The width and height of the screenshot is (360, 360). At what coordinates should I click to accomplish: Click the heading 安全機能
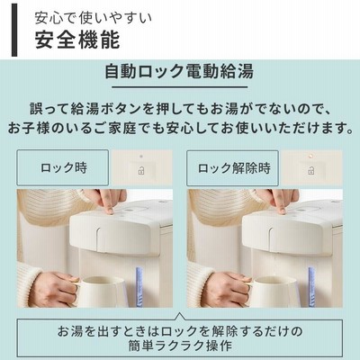(77, 40)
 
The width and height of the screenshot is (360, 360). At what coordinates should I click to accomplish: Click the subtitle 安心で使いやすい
(94, 18)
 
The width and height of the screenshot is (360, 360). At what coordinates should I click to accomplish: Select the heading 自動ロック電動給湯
(179, 71)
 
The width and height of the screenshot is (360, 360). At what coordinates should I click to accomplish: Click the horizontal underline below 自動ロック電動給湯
(180, 87)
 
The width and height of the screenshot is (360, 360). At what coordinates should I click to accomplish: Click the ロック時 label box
(62, 167)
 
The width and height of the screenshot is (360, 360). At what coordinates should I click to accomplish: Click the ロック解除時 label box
(232, 168)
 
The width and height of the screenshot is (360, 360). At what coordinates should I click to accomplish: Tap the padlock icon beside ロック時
(141, 171)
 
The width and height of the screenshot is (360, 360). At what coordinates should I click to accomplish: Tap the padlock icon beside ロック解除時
(311, 171)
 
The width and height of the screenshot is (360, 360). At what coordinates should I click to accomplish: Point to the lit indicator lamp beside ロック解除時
(311, 156)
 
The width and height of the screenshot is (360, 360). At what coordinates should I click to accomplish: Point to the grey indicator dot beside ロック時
(141, 157)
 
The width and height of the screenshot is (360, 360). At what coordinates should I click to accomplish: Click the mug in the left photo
(99, 292)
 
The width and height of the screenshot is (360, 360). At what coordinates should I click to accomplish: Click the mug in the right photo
(271, 292)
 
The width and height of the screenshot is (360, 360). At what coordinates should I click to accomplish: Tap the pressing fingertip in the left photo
(110, 211)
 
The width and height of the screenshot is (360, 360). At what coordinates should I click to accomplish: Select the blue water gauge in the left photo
(139, 287)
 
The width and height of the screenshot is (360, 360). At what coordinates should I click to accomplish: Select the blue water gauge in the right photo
(311, 287)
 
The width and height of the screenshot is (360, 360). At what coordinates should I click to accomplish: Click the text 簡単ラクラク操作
(180, 346)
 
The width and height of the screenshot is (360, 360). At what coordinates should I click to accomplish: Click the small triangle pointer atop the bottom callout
(180, 316)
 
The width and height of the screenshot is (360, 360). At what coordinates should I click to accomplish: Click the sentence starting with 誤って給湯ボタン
(180, 109)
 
